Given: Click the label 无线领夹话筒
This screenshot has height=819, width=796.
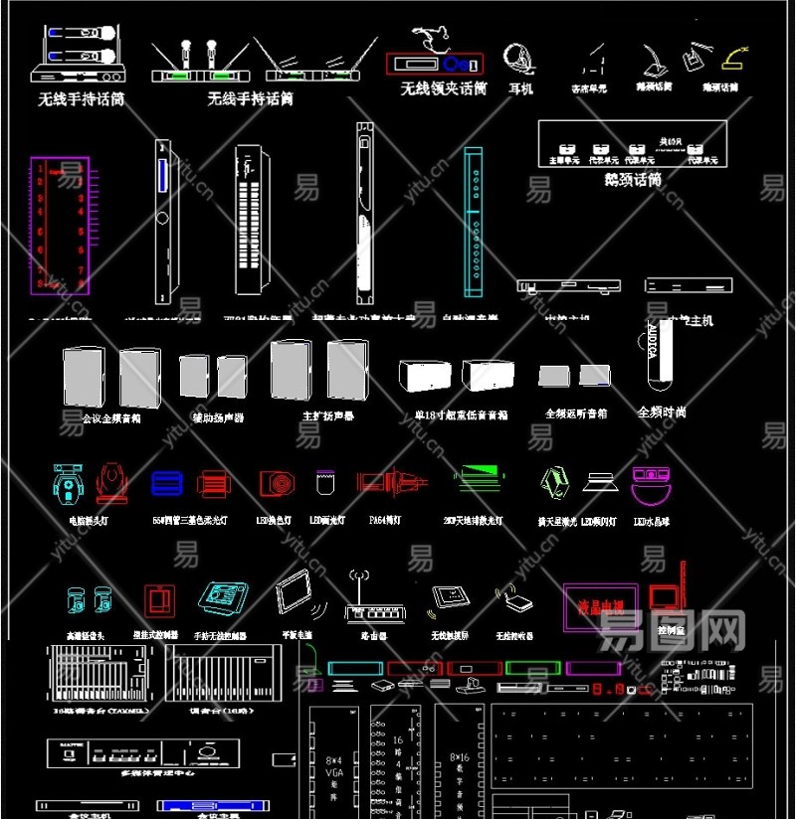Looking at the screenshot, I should coord(444,88).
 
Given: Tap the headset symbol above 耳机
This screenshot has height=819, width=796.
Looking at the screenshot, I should coord(517,57).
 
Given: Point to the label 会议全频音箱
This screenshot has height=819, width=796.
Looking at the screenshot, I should coord(110,418).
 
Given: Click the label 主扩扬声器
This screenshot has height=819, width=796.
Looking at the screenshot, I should coord(328,415).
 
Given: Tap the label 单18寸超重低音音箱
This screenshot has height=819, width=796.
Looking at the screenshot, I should coord(462,414).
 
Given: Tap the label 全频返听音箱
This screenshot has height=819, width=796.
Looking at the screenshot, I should coord(576,412).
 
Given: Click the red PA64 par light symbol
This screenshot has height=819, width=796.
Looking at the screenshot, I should coord(389,483).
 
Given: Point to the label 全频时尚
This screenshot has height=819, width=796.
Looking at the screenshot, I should coord(661,411).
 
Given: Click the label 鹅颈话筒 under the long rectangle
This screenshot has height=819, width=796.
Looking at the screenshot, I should coord(633,180).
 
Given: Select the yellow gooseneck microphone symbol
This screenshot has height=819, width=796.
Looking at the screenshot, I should coord(735,54).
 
